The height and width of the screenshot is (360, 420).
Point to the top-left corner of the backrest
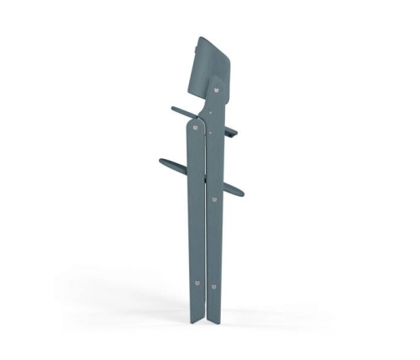(x=198, y=38)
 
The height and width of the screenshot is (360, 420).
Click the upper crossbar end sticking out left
(x=173, y=109)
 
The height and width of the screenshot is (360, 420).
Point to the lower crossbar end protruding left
(x=160, y=162)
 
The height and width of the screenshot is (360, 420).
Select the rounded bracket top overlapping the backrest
(x=216, y=81)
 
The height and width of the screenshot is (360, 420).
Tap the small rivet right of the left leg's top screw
(x=209, y=131)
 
